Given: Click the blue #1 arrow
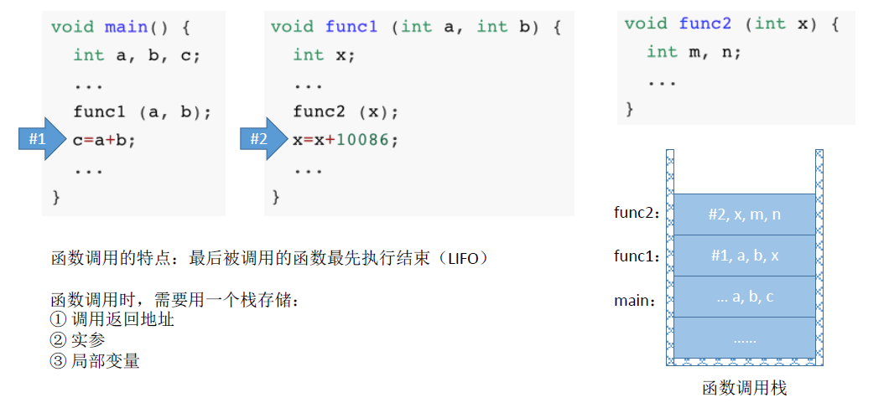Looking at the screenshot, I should click(x=40, y=140).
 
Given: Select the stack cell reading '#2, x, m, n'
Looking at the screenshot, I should click(x=744, y=214).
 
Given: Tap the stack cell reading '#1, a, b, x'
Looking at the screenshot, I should click(x=744, y=256).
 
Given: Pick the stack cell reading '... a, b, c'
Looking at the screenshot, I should click(x=744, y=297).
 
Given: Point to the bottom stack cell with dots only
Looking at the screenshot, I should click(x=744, y=338).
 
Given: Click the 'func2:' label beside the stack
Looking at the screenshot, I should click(x=637, y=214).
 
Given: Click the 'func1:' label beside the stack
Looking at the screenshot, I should click(x=637, y=256).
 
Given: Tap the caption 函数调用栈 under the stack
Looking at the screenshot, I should click(x=744, y=388).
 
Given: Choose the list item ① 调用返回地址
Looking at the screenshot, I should click(x=112, y=319).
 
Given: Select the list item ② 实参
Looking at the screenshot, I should click(x=78, y=340).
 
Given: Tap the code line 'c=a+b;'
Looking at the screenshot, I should click(x=104, y=140).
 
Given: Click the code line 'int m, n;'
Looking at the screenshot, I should click(x=694, y=52).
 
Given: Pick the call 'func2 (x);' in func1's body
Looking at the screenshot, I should click(x=346, y=111).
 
